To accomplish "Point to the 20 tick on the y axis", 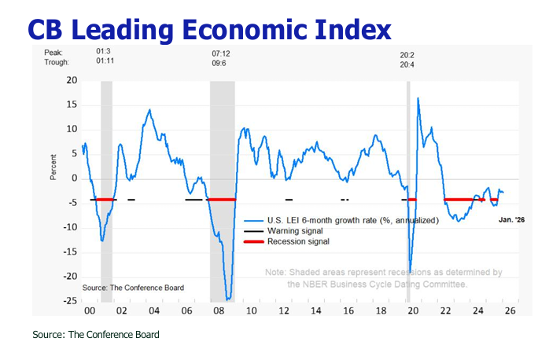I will click(72, 80).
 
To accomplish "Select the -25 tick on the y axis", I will click(70, 301).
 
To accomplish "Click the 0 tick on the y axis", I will click(74, 178).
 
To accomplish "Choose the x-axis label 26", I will click(510, 310).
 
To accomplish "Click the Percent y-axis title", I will click(54, 167).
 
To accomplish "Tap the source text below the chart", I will click(95, 335).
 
